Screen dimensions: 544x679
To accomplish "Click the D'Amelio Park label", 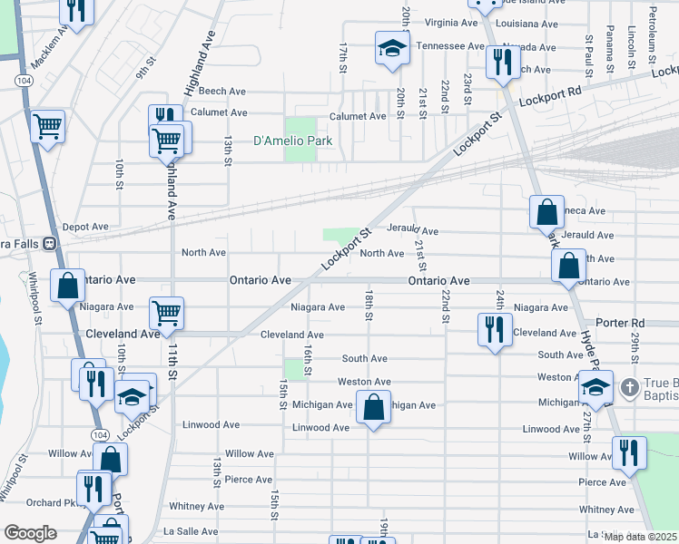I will [x=292, y=141].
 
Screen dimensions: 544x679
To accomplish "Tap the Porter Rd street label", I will [x=620, y=323].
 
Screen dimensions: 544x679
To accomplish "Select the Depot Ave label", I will [x=85, y=227].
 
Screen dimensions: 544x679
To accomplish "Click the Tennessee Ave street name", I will [x=450, y=45].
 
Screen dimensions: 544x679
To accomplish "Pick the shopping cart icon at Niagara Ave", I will [x=166, y=313].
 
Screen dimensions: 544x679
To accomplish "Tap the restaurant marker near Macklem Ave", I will [x=75, y=10].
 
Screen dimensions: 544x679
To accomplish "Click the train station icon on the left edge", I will [x=51, y=244].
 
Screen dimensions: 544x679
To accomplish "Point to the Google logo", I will [x=31, y=533].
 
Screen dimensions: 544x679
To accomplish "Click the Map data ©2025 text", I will [x=640, y=537].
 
